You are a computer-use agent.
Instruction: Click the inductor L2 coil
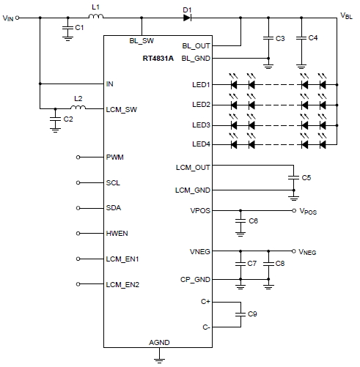77,108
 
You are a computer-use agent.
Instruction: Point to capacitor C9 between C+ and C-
239,314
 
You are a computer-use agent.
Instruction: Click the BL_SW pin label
142,41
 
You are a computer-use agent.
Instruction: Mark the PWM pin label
116,157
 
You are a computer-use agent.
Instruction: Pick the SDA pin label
114,208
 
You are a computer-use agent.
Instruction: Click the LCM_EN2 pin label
122,283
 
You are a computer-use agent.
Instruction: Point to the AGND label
158,343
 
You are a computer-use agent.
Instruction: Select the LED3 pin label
200,125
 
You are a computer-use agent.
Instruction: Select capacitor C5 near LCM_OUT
294,178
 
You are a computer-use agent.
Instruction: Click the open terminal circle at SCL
80,183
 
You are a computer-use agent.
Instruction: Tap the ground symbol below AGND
158,358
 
